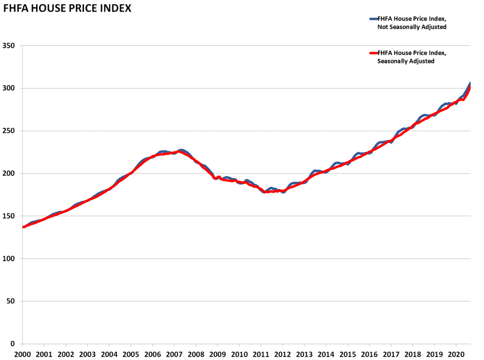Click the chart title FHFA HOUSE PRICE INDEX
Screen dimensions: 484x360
coord(67,9)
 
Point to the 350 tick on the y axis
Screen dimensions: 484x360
coord(9,46)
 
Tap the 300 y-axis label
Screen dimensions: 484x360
coord(9,88)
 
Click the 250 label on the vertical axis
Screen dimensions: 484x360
coord(9,131)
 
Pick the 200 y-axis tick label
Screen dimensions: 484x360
coord(9,173)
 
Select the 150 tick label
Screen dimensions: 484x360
coord(9,216)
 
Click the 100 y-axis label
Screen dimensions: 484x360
coord(9,259)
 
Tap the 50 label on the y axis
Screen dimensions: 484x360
coord(10,301)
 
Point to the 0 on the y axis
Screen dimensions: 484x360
coord(13,343)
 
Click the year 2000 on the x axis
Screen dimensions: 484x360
coord(23,354)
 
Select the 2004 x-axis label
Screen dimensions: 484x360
coord(109,354)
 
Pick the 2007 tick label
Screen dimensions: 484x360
coord(174,354)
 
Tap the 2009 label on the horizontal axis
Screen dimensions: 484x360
coord(217,354)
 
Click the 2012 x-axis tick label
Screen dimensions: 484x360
coord(283,354)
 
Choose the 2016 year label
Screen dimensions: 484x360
coord(370,354)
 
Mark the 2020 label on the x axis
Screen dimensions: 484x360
coord(456,354)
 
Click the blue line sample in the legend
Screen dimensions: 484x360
coord(373,19)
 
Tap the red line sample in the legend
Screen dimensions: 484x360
coord(373,53)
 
